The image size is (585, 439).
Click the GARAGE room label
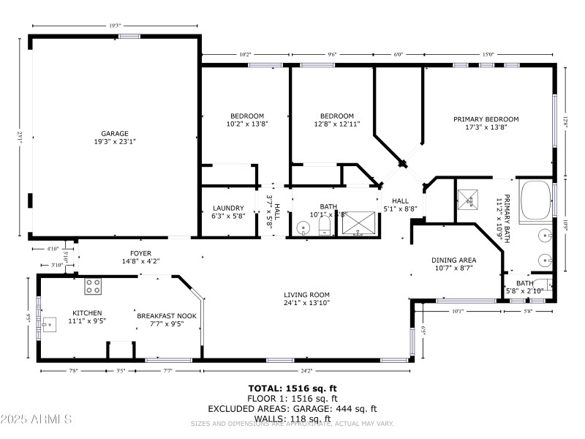[x=114, y=133]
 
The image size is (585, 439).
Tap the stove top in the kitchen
[x=93, y=286]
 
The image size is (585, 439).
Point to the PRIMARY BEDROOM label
[x=486, y=119]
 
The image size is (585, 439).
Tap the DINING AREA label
[x=453, y=260]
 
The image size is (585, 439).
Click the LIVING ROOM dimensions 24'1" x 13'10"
[x=306, y=302]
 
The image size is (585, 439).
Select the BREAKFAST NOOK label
[x=166, y=315]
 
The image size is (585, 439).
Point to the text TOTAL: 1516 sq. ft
[x=292, y=389]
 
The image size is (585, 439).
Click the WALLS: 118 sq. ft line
[x=292, y=419]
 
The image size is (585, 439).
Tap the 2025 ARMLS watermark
[x=37, y=419]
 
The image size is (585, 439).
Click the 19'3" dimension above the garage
[x=115, y=26]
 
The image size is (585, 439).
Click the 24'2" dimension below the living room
[x=306, y=371]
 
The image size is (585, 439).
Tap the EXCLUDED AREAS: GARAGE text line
[x=292, y=408]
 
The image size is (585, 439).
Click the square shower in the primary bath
[x=467, y=198]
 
